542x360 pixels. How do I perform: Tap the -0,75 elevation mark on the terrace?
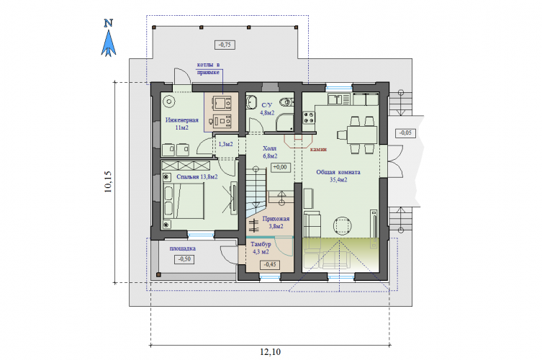coord(225,45)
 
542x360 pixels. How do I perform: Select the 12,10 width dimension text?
coord(271,352)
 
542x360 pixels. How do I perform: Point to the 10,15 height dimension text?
coord(108,182)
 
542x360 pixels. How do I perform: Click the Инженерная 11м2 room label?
coord(182,124)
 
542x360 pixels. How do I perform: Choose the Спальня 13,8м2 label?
coord(197,176)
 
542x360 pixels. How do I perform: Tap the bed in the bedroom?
coord(184,201)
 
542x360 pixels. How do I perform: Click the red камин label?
coord(318,149)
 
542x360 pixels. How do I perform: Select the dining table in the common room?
coord(361,135)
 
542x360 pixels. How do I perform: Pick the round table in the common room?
coord(343,226)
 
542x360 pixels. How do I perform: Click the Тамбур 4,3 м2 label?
coord(261,248)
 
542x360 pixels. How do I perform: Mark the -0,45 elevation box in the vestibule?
coord(270,264)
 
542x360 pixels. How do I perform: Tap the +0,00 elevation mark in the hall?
coord(280,167)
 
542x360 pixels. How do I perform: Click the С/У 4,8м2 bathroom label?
coord(267,109)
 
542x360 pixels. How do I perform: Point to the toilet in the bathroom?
coord(286,102)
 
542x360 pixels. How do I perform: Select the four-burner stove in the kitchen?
coord(309,117)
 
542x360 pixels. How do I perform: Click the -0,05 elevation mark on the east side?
coord(405,132)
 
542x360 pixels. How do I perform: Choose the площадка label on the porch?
coord(183,248)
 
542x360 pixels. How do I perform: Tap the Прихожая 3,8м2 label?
coord(276,222)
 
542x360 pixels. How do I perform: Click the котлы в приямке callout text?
coord(208,68)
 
